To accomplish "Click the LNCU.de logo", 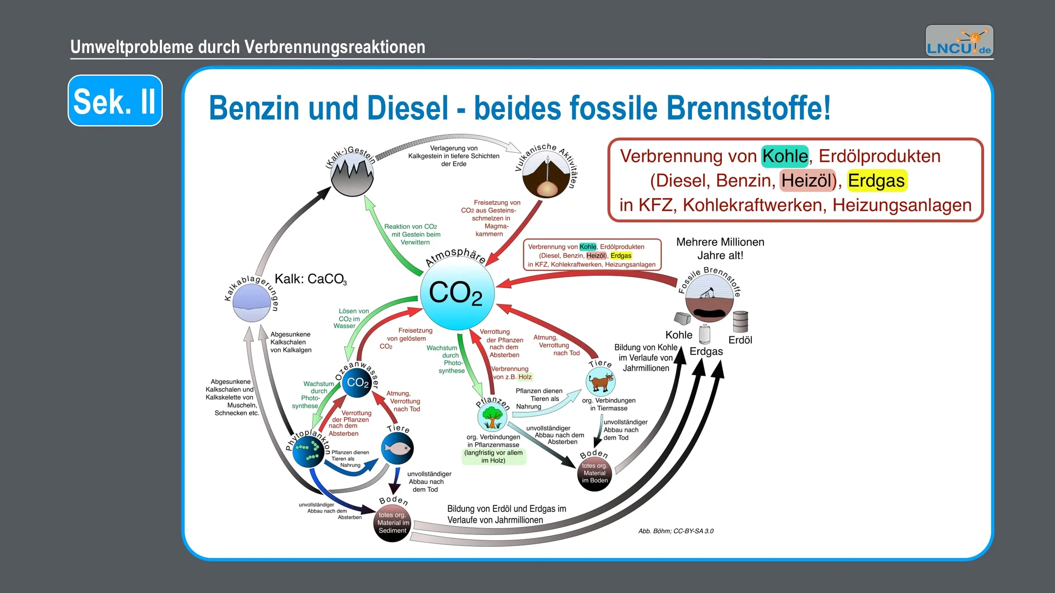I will coord(959,41).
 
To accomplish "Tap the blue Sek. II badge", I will coord(115,100).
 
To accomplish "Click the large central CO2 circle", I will coord(457,293).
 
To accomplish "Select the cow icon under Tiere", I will coord(601,382).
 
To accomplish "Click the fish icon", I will coord(397,448).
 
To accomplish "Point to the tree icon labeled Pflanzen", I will coord(492,417).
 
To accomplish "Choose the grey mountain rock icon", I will coord(352,175).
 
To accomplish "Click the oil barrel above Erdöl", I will coord(740,322).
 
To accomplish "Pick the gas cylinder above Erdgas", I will coord(705,334).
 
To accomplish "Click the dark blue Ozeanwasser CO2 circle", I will coord(357,382).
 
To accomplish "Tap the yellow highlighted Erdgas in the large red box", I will coord(876,181).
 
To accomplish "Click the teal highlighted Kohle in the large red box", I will coord(785,156).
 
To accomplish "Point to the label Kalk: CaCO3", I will coord(311,279).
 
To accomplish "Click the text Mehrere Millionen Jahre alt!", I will coord(720,249).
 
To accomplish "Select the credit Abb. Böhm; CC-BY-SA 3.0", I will coord(676,531).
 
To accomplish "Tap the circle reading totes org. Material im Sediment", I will coord(393,523).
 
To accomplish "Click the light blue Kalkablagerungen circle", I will coord(251,302).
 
